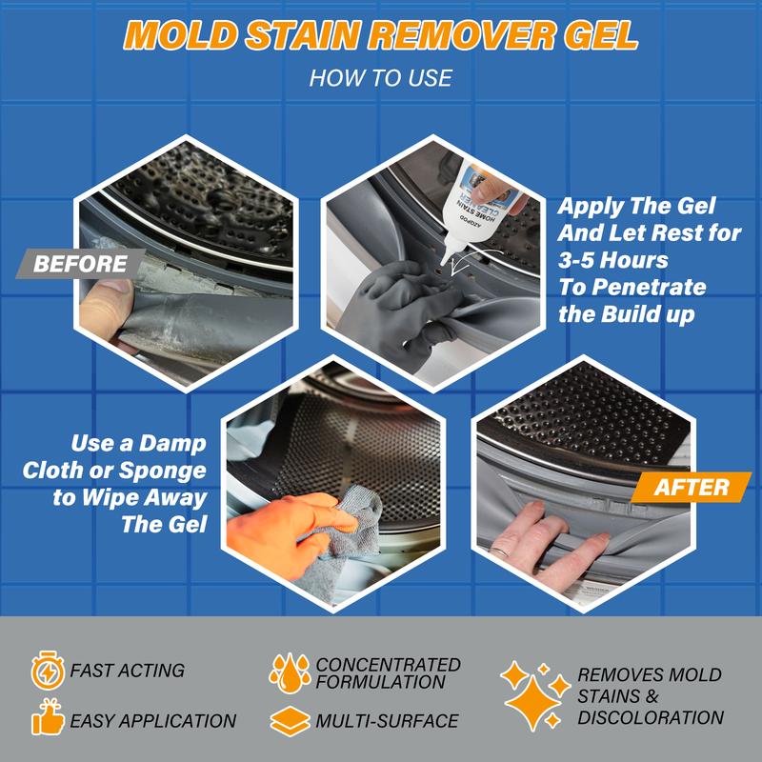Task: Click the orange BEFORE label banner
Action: [x=82, y=264]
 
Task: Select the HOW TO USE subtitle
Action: [x=380, y=77]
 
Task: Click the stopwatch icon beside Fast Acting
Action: [x=46, y=671]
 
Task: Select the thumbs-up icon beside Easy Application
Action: [x=46, y=720]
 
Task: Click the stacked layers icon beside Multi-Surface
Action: [x=289, y=720]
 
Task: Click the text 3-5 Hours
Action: [x=613, y=260]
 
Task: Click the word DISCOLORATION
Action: [x=651, y=717]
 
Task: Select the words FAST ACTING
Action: [x=128, y=671]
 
